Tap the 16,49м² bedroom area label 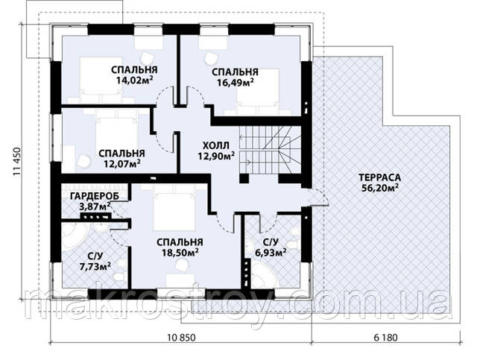click(236, 82)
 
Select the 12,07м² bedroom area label click(121, 164)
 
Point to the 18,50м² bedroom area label click(180, 252)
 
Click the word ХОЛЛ click(215, 146)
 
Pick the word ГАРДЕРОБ click(95, 196)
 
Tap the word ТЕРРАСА click(379, 177)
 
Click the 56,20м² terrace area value click(380, 188)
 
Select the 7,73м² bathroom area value click(95, 267)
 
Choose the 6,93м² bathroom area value click(271, 252)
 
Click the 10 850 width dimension click(182, 338)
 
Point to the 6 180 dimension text click(385, 338)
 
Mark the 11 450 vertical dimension click(16, 162)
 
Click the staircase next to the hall click(270, 150)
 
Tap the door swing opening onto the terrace click(318, 197)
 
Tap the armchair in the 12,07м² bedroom click(83, 161)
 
